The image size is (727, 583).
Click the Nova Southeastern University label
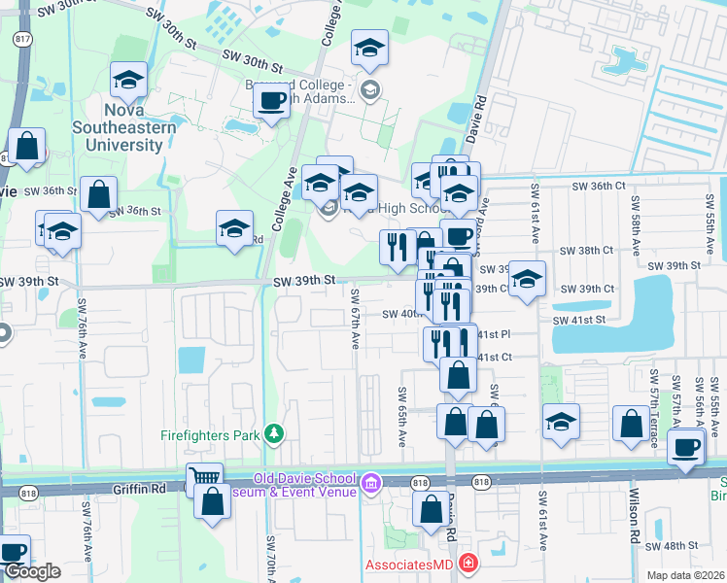(128, 127)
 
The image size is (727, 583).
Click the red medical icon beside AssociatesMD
(469, 564)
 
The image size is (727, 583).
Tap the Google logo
(31, 572)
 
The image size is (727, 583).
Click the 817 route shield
(19, 41)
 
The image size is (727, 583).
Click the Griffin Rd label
(127, 491)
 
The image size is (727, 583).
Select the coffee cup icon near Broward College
(273, 100)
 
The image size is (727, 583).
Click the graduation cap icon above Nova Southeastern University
(128, 83)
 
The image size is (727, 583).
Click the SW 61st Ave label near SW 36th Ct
(534, 208)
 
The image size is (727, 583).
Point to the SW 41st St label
(579, 319)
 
